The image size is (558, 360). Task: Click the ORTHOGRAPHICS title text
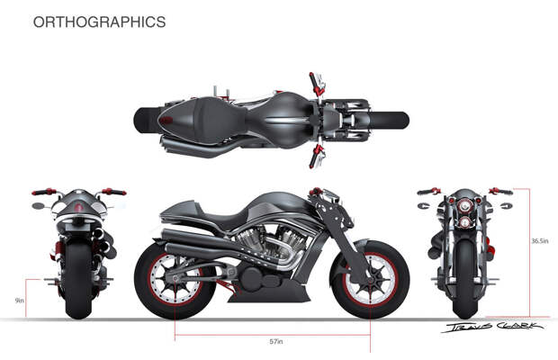tap(99, 22)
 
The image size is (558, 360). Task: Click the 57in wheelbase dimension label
tap(276, 342)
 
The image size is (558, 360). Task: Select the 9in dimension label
tap(18, 299)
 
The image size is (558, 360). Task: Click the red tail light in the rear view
tap(78, 210)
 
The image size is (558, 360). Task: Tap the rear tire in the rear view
tap(78, 279)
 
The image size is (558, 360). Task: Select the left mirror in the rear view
tap(38, 205)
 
